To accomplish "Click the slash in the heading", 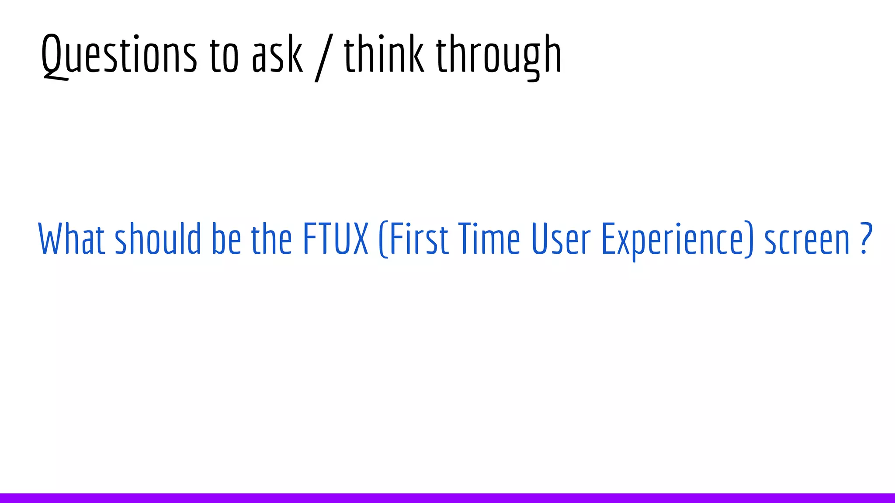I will pos(324,57).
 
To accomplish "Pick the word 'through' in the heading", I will pos(499,56).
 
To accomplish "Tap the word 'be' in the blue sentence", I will pos(226,239).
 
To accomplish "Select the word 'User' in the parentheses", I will pos(561,239).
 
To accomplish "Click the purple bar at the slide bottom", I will pos(447,498).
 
